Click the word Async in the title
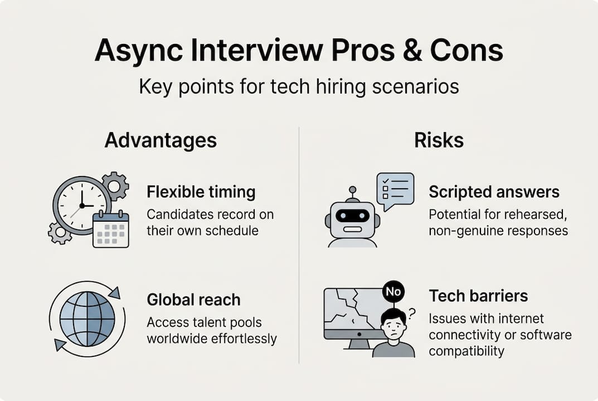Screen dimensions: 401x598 tap(131, 51)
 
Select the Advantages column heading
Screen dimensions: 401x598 tap(161, 140)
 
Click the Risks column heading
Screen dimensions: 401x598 tap(439, 140)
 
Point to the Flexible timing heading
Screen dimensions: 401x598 tap(201, 192)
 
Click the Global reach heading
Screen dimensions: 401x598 tap(193, 300)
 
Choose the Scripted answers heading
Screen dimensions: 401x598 tap(493, 192)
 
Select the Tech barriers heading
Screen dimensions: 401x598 tap(478, 295)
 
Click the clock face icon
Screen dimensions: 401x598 tap(81, 204)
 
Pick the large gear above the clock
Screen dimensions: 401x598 tap(115, 186)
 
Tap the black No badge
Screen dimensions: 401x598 tap(394, 290)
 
